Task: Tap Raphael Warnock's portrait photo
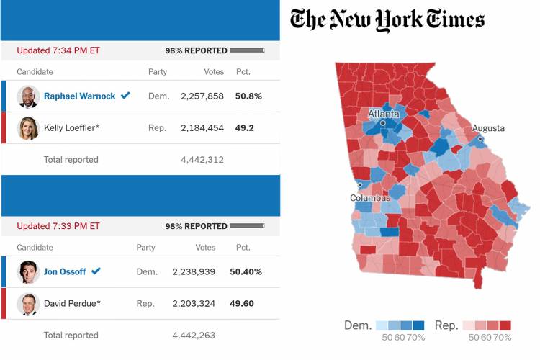28,96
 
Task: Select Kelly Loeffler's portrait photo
28,128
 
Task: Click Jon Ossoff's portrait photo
28,272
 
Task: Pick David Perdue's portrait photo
28,304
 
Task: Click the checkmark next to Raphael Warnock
125,96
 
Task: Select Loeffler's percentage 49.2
245,128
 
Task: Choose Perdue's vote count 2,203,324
194,303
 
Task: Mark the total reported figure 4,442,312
202,160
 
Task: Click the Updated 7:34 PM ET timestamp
58,50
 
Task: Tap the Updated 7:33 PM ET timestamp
58,226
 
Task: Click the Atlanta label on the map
383,114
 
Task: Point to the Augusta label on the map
488,129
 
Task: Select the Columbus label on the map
370,198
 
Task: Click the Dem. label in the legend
357,325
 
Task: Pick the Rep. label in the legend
446,325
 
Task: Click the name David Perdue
72,303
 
